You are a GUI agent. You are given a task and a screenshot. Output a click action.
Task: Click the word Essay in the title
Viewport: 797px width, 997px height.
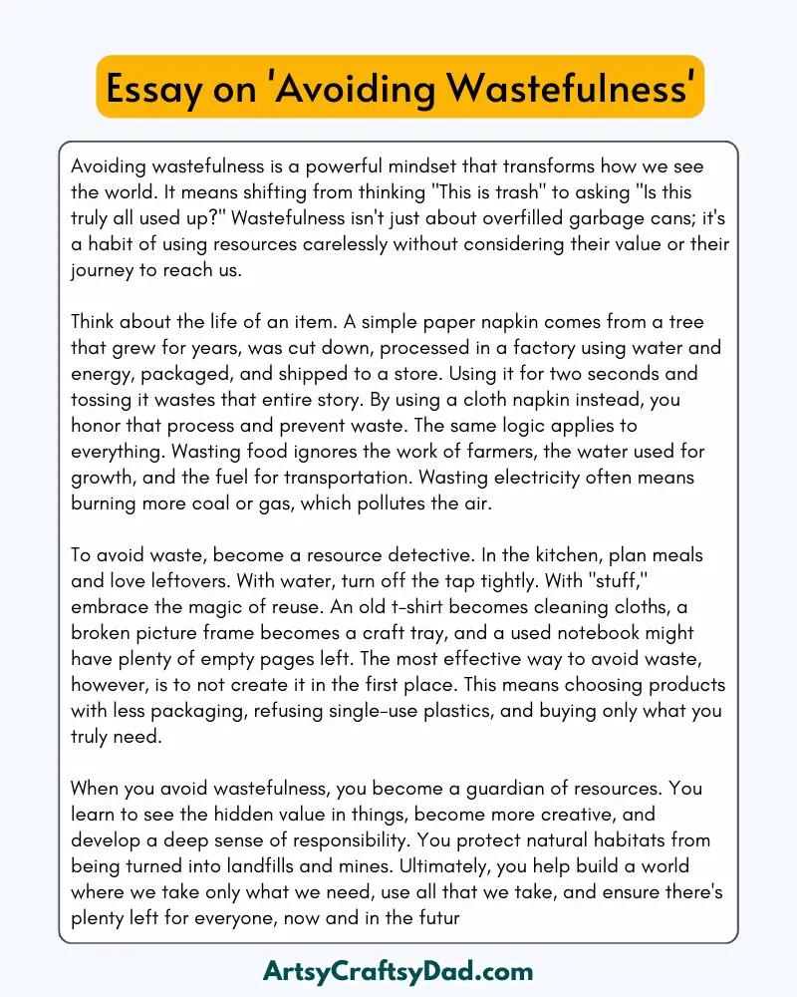pyautogui.click(x=159, y=89)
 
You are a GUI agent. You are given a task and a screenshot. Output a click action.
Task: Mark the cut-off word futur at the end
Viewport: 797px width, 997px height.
pyautogui.click(x=436, y=918)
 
